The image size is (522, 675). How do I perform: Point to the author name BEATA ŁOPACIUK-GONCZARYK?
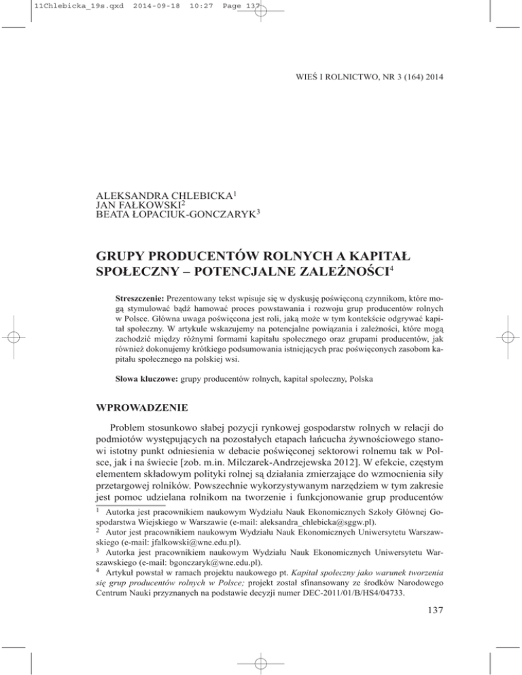coord(183,205)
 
